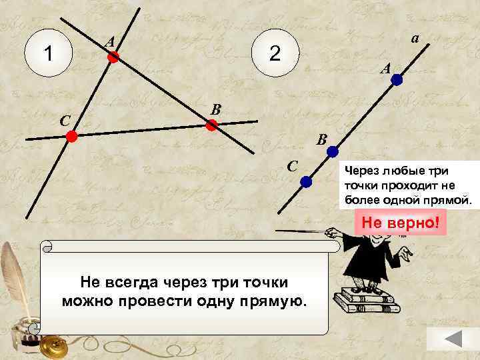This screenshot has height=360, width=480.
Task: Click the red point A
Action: pyautogui.click(x=113, y=59)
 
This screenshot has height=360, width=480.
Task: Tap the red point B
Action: pyautogui.click(x=211, y=125)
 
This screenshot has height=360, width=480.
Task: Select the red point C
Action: pyautogui.click(x=71, y=137)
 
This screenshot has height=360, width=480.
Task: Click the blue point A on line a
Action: pyautogui.click(x=397, y=80)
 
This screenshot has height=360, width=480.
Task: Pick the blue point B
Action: pyautogui.click(x=332, y=152)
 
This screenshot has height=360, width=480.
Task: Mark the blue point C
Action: pyautogui.click(x=305, y=181)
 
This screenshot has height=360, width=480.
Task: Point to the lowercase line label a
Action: pyautogui.click(x=414, y=39)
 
